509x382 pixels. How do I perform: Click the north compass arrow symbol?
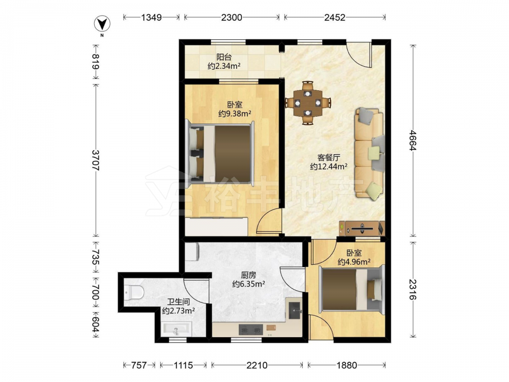[102, 24]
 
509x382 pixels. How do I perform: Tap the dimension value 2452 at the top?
[335, 17]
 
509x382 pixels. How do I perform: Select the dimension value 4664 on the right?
[413, 141]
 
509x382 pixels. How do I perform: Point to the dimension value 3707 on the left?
[96, 160]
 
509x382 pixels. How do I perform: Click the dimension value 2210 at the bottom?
[257, 365]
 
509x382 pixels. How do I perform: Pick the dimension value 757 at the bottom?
[138, 365]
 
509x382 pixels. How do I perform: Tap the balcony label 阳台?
[224, 58]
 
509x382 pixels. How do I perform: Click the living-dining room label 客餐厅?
[328, 158]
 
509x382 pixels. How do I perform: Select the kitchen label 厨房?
[249, 276]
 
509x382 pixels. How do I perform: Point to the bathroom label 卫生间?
[178, 302]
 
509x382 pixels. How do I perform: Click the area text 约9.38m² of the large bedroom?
[235, 114]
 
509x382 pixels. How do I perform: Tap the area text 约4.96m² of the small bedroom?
[354, 261]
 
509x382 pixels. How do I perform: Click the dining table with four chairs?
[308, 103]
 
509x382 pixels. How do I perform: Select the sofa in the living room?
[370, 153]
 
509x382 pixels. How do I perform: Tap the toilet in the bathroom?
[134, 291]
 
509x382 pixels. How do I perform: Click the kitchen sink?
[295, 311]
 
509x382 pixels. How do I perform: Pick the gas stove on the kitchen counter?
[250, 330]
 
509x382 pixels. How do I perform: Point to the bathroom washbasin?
[176, 330]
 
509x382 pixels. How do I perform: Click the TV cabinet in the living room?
[361, 228]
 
